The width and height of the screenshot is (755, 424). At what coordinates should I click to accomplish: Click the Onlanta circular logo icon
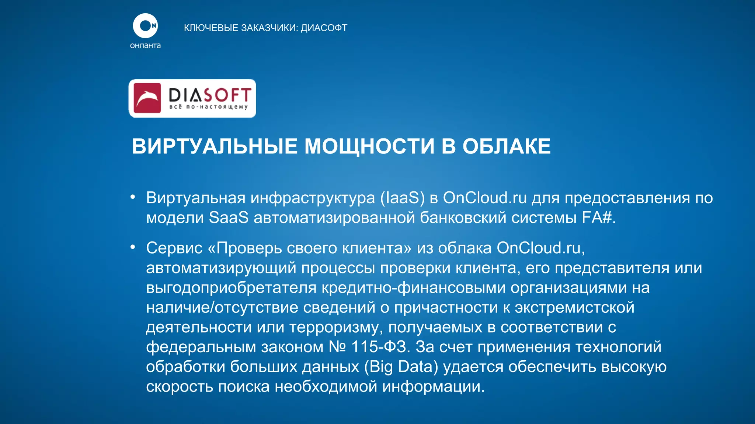145,26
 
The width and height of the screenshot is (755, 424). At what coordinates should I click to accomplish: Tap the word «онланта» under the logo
145,46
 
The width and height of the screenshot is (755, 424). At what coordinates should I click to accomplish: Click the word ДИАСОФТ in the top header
324,28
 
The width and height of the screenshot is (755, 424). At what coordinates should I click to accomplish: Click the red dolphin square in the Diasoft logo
147,98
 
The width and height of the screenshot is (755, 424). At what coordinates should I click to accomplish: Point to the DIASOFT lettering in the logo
210,95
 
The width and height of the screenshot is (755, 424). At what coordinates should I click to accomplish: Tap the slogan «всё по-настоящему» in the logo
208,107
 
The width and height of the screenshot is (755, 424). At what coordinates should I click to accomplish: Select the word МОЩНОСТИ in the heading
369,146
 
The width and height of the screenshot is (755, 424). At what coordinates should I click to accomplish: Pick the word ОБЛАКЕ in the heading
507,146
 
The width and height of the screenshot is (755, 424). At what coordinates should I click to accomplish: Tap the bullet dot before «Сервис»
133,247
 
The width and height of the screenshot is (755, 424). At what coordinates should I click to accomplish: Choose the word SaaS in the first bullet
229,218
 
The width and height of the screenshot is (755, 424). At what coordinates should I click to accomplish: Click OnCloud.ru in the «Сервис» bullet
539,248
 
